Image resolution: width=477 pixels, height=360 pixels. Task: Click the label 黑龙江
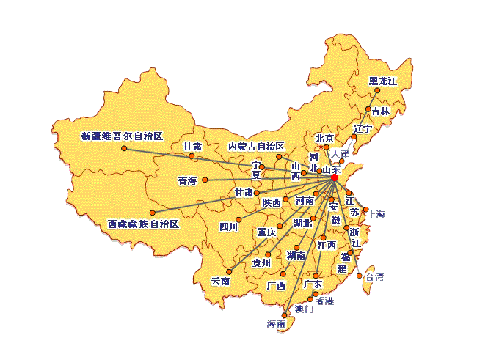click(382, 81)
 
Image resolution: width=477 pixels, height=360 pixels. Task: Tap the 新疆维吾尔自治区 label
click(121, 136)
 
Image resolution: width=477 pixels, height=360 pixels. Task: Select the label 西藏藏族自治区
click(143, 224)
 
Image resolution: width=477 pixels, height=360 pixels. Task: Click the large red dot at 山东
click(334, 177)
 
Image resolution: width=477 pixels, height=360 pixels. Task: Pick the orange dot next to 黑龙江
click(377, 92)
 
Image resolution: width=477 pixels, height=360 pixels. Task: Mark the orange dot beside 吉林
click(368, 109)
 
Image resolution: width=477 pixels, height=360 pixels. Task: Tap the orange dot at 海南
click(284, 315)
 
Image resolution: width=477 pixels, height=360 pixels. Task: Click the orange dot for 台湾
click(360, 276)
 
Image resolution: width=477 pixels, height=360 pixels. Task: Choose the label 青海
click(187, 180)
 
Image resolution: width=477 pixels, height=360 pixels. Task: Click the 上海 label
click(376, 215)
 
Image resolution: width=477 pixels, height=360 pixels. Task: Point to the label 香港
click(324, 301)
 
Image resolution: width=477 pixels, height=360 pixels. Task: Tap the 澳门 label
click(304, 309)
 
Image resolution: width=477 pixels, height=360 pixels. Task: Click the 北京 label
click(324, 138)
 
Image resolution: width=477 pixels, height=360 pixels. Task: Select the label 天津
click(340, 154)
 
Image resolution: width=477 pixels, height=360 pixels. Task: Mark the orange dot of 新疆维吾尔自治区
click(124, 150)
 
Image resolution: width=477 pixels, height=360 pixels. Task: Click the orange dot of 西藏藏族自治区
click(152, 213)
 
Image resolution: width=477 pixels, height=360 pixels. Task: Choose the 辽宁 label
click(363, 129)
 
